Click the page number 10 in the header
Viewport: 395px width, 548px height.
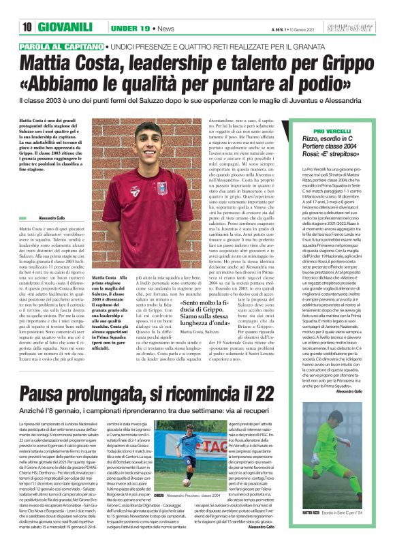(x=28, y=28)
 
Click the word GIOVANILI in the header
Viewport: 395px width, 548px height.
(x=65, y=28)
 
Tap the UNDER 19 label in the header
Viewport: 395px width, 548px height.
(x=130, y=29)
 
